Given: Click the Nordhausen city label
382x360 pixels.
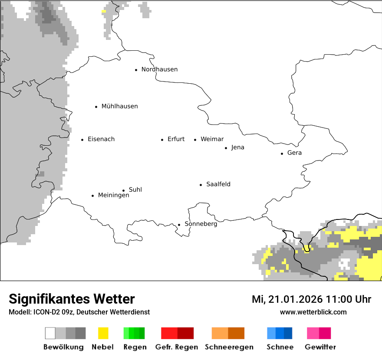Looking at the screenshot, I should point(159,69).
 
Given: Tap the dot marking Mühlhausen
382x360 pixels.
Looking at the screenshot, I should point(96,107).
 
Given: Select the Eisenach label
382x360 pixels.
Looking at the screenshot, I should point(101,139).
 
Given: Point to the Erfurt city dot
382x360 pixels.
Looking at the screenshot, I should point(162,140).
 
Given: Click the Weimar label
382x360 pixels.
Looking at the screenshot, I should point(212,139).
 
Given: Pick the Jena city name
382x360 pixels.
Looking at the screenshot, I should point(237,147).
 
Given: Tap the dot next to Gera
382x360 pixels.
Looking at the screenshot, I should point(282,154).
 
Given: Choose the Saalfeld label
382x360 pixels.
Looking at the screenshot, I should point(218,184).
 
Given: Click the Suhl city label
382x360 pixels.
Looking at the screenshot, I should point(135,190).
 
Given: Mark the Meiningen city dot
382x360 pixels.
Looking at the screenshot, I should point(93,196).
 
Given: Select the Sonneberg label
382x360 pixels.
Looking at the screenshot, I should point(201,224).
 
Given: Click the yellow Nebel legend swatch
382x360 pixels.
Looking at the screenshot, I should point(103,333).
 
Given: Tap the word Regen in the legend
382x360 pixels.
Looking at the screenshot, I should point(134,347).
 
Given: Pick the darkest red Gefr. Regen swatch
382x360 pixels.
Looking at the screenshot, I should point(185,333).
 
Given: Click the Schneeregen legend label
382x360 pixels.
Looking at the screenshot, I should point(229,347).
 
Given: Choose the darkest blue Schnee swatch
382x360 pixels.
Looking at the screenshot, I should point(288,333).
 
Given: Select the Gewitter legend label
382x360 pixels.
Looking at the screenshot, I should point(320,347).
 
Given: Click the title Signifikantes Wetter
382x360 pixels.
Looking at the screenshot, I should point(72,299).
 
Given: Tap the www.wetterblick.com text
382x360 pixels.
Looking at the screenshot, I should point(313,312).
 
